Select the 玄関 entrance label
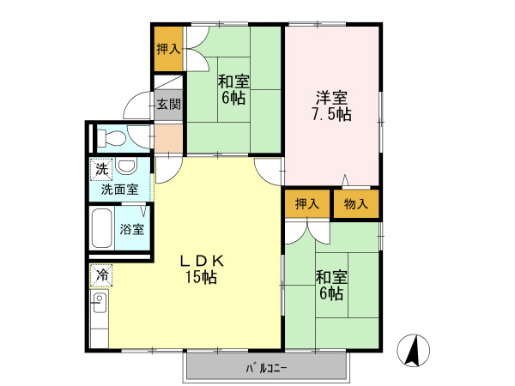(x=169, y=105)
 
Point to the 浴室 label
(x=131, y=230)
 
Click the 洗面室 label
(x=120, y=190)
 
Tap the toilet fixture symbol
(x=111, y=137)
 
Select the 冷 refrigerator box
(x=101, y=276)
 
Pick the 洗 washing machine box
(x=102, y=168)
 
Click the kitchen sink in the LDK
(x=98, y=302)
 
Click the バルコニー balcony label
(x=266, y=369)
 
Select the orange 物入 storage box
(x=356, y=204)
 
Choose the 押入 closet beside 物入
(x=306, y=204)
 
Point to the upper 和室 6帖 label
(x=233, y=90)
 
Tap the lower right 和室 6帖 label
(x=330, y=286)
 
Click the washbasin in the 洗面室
(x=126, y=166)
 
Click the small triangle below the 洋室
(x=345, y=180)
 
